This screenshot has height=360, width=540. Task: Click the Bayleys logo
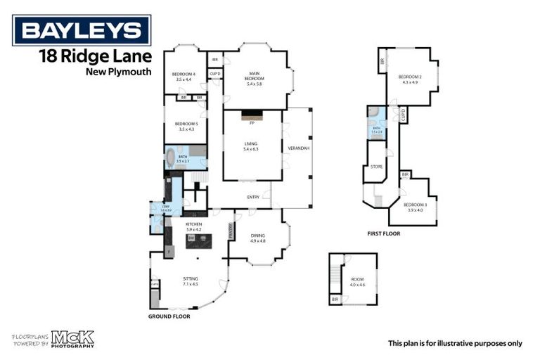click(81, 30)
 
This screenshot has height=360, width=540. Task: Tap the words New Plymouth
click(118, 71)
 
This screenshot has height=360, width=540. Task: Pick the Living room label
click(251, 146)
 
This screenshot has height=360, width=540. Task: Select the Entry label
click(253, 197)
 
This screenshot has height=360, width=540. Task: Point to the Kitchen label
click(193, 226)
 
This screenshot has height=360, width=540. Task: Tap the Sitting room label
click(190, 281)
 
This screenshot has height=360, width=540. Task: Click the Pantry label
click(230, 231)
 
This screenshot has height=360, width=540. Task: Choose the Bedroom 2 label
click(409, 78)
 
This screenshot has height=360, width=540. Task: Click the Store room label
click(376, 167)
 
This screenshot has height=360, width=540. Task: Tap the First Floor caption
click(384, 233)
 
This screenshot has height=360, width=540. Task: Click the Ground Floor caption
click(169, 316)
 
